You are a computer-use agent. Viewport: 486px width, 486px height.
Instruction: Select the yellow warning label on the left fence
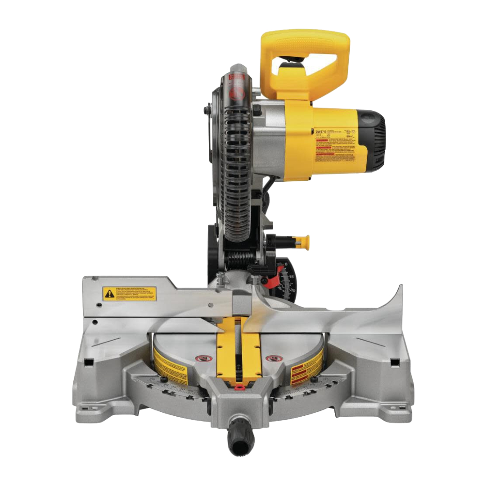tap(130, 294)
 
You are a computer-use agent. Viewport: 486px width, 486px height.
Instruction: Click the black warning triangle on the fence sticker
tap(109, 294)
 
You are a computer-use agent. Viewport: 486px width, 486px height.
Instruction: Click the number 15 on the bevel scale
tap(292, 276)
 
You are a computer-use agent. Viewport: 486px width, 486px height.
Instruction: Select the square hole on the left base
tap(89, 363)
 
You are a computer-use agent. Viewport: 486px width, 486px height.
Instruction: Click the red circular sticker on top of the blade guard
tap(236, 93)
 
